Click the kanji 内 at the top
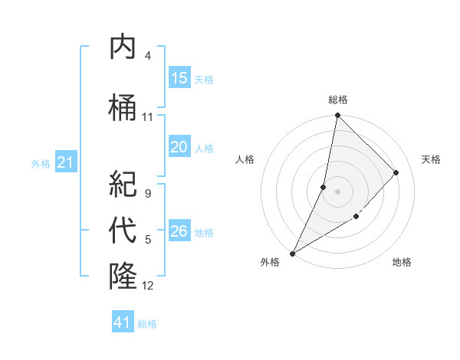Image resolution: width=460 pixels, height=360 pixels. coord(123,47)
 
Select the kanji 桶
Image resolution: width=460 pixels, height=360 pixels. coord(123,108)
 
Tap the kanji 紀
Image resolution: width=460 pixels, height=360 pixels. coord(123,184)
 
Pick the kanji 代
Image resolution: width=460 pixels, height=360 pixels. coord(123,230)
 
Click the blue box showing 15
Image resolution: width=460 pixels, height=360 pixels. coord(179,78)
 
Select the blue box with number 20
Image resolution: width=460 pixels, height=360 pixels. coord(179,148)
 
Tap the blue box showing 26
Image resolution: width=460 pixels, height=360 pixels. coord(179,231)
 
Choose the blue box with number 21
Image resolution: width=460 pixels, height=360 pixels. coord(66,162)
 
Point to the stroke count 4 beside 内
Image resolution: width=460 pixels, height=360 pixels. coord(147,56)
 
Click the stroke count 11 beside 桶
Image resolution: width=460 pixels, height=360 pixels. coord(147,117)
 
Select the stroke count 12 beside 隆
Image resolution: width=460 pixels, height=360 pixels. coord(147,286)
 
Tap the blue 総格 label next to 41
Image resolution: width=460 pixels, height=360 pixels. coord(147,324)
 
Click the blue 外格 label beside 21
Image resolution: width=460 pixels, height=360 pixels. coord(41,163)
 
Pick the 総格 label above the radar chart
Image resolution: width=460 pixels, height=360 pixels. coord(337,100)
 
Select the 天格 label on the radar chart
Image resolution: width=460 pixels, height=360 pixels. coord(431,159)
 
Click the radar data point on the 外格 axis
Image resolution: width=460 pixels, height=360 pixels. coord(292,253)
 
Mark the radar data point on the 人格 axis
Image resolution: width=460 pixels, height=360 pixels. coord(324,187)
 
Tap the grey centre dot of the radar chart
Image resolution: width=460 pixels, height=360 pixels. coord(337,191)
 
